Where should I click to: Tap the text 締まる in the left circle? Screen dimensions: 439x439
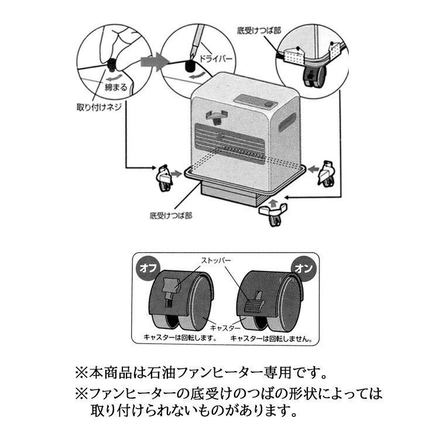pyautogui.click(x=116, y=87)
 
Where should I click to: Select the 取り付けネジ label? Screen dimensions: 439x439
pyautogui.click(x=95, y=108)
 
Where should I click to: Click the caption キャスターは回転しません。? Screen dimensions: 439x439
pyautogui.click(x=271, y=338)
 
